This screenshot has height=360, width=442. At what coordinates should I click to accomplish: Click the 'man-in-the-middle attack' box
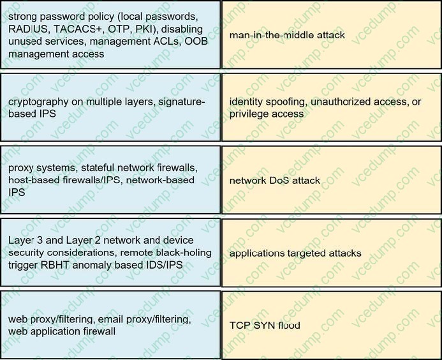point(331,34)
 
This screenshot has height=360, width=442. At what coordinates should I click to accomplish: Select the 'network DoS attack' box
point(331,181)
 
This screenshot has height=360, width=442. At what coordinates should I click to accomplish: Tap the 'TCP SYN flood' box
point(331,326)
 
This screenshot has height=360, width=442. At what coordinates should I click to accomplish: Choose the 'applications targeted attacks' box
point(331,253)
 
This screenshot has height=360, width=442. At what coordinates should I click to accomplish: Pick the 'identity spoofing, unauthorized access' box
point(331,107)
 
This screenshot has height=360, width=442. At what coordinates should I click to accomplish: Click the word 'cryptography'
point(36,101)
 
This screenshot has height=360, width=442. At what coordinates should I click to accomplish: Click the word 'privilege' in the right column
point(249,114)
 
